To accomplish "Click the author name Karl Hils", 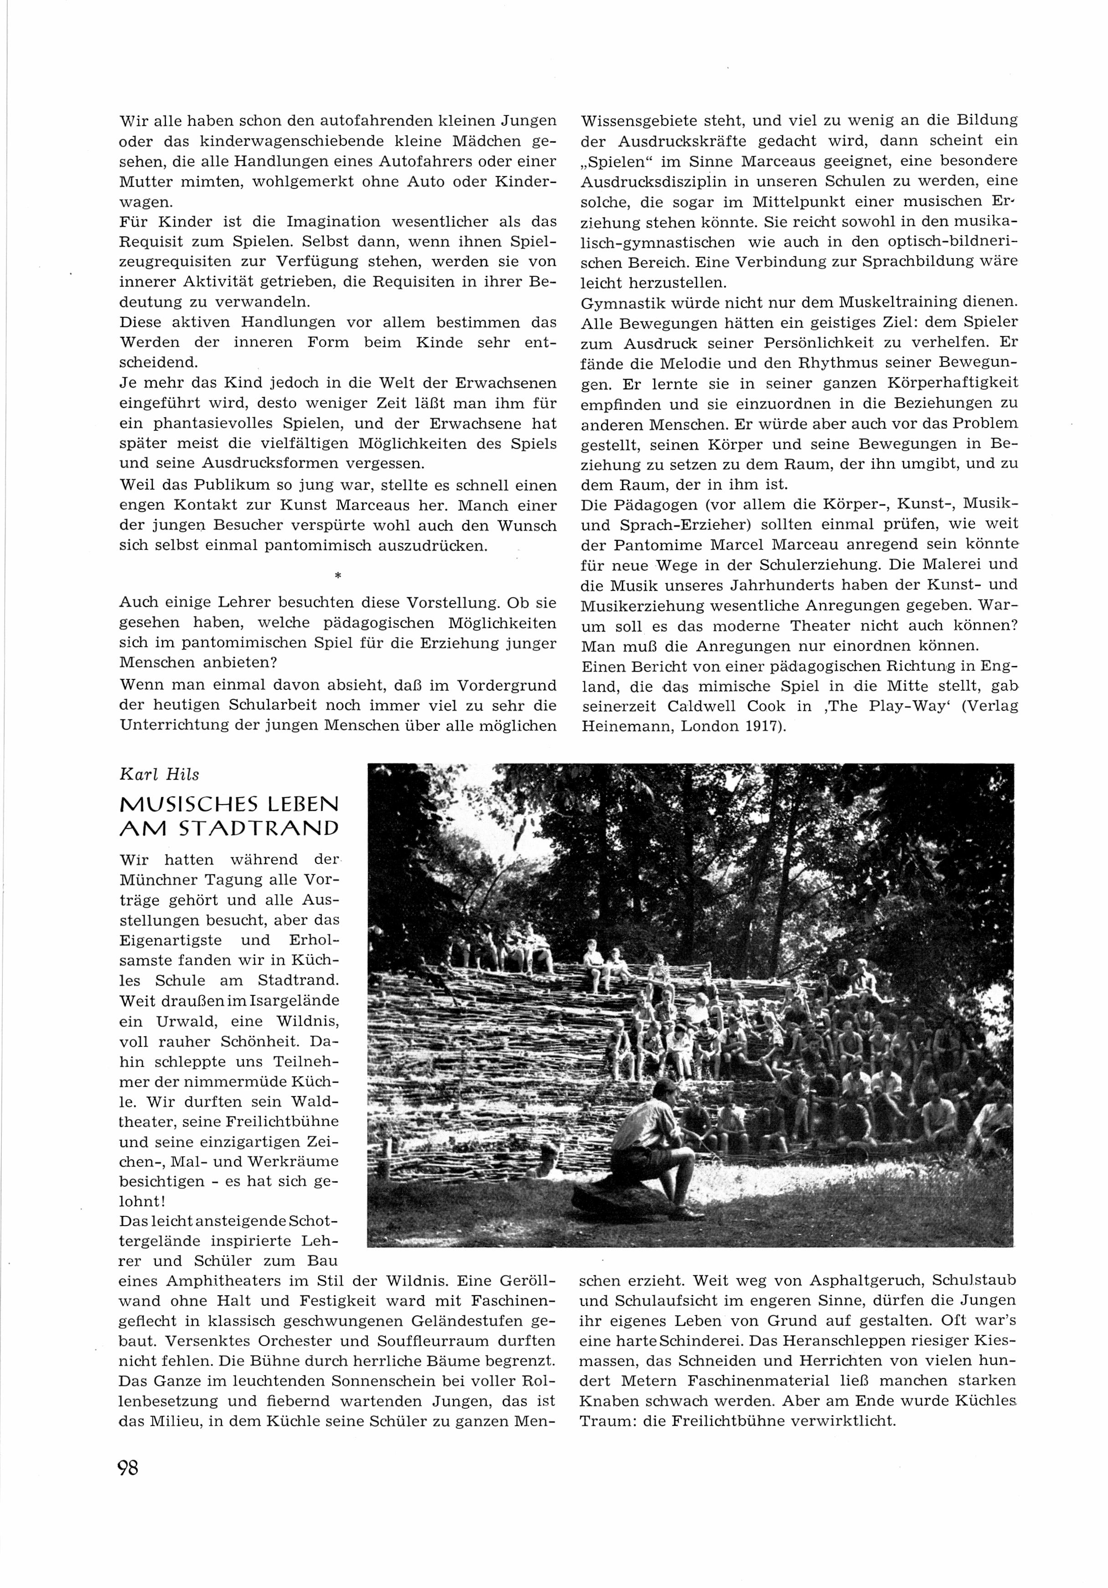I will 159,775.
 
